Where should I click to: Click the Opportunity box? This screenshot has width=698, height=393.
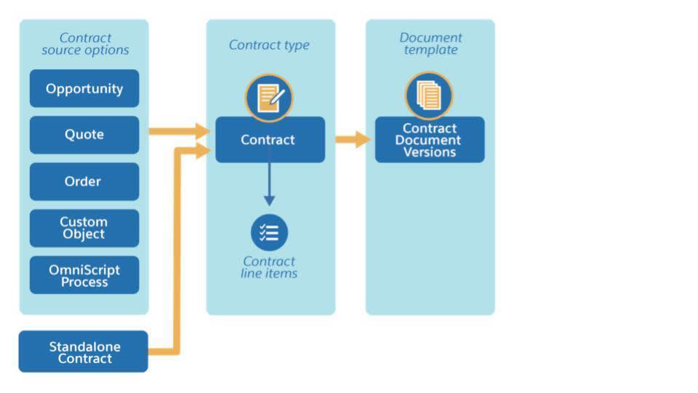84,88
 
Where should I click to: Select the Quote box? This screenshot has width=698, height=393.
84,135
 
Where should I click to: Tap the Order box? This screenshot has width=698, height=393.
84,181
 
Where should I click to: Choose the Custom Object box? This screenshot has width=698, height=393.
84,228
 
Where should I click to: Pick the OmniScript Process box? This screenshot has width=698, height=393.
84,275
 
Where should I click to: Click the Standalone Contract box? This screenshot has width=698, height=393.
83,352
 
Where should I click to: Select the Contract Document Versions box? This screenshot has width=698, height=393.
430,140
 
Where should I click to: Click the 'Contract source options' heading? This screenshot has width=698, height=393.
85,44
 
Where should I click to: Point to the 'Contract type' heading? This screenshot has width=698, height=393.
269,44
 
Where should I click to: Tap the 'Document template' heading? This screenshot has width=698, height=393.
430,44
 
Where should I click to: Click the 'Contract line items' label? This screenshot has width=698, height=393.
269,267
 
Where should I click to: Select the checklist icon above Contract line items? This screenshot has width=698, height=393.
269,233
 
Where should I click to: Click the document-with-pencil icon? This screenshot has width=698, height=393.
269,98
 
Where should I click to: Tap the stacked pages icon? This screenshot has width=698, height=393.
429,95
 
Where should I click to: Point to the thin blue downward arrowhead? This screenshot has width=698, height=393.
269,200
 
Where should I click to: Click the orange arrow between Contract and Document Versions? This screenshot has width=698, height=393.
353,140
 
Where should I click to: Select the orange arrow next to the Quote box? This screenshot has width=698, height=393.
179,131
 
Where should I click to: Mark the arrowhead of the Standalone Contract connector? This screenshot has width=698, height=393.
203,151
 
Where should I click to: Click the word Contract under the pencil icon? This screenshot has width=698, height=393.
268,140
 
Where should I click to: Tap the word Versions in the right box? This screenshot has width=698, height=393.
430,152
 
